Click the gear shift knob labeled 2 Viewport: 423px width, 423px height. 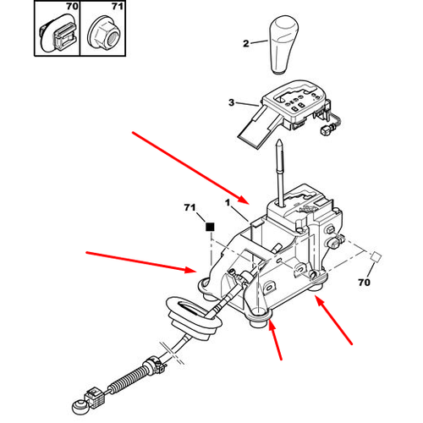pos(283,45)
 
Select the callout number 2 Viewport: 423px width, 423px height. pos(246,43)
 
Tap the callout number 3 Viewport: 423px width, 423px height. pos(231,102)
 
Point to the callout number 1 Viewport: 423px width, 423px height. pos(228,202)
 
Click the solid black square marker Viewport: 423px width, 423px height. pos(210,227)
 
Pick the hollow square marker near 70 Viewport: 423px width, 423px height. pos(376,256)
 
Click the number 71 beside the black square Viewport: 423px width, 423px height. pos(190,207)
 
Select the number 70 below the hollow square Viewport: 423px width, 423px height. pos(364,282)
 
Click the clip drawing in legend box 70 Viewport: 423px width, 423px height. pos(57,33)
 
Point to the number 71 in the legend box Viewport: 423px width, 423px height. pos(118,6)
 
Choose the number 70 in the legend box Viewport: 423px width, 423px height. pos(72,6)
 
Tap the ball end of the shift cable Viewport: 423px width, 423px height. pos(80,407)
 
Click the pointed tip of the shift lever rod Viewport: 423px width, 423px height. pos(279,141)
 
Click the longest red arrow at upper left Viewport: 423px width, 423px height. pos(190,168)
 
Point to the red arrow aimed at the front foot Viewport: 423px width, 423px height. pos(275,341)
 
